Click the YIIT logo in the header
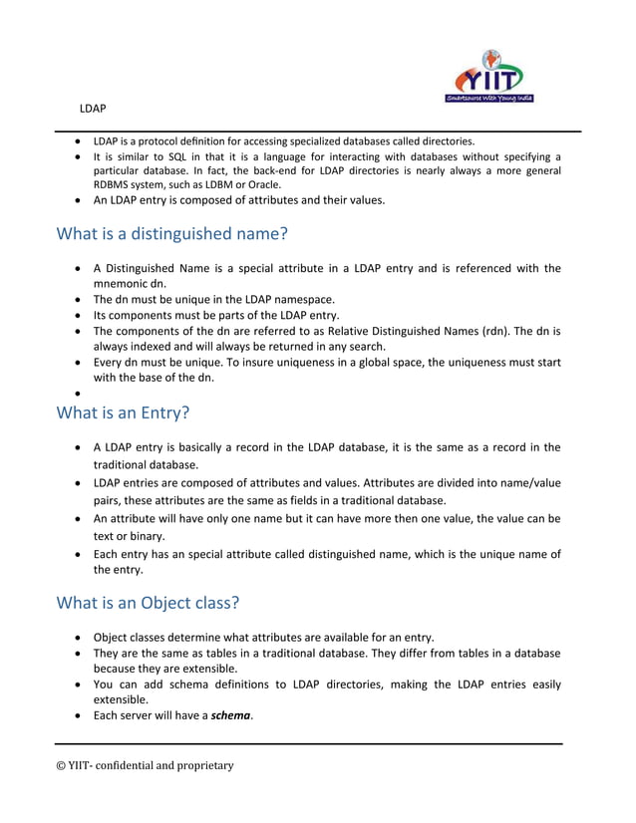point(486,76)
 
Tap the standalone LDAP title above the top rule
point(94,107)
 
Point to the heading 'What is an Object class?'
point(148,602)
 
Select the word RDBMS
point(115,184)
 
